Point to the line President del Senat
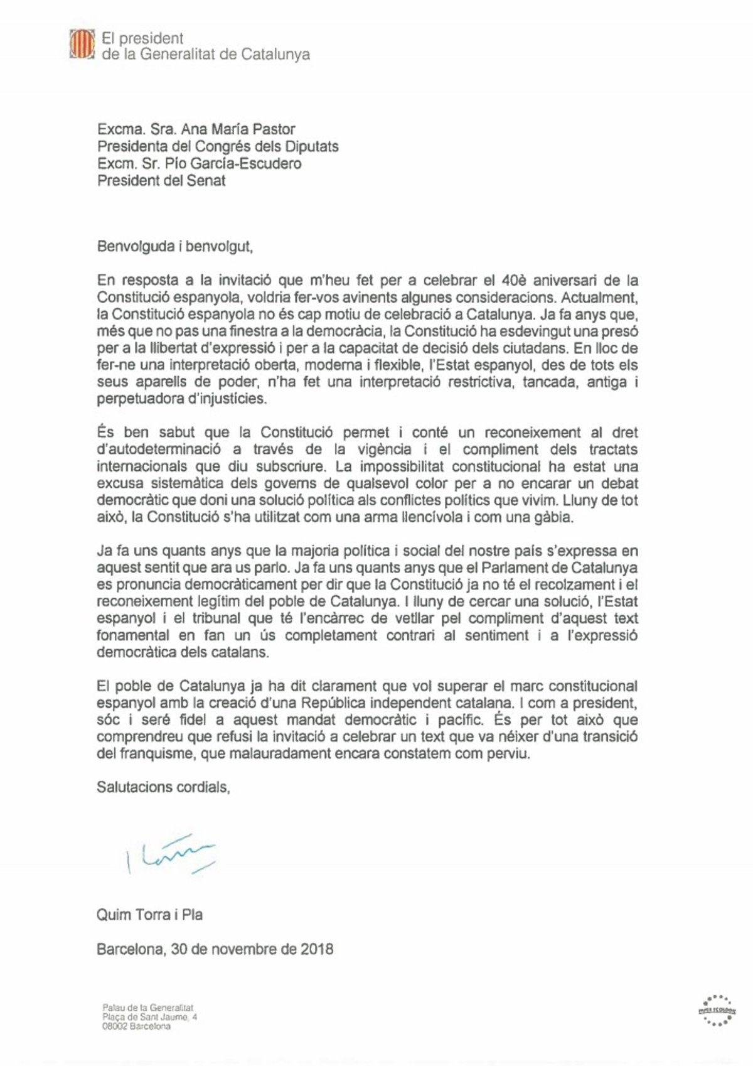click(x=161, y=181)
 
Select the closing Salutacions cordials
click(x=163, y=786)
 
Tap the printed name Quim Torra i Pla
click(x=149, y=914)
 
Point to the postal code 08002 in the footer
click(x=118, y=1026)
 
